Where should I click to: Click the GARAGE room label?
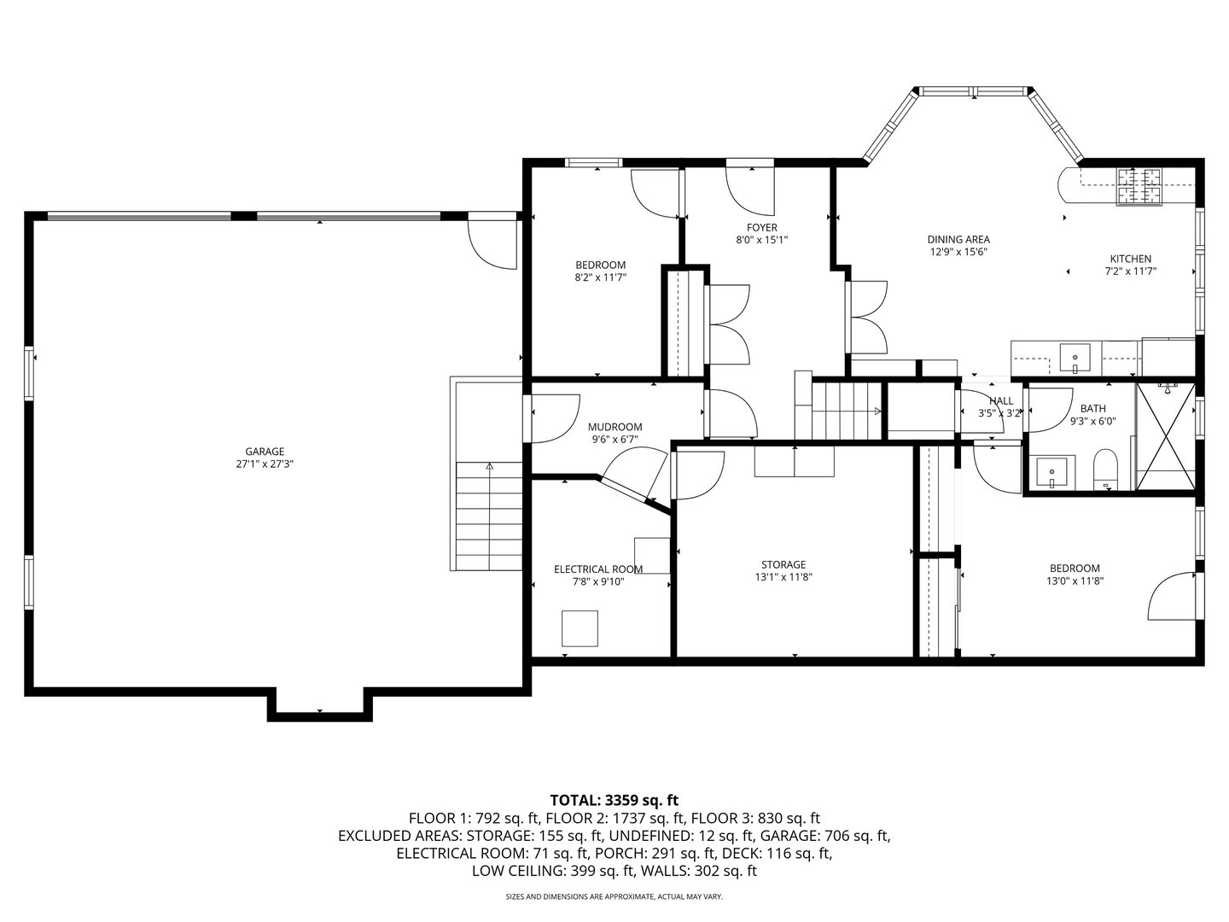(265, 452)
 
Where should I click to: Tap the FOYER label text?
(762, 228)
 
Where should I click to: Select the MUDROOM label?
(614, 427)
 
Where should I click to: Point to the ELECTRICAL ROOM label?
(598, 569)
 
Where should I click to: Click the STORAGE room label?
(783, 564)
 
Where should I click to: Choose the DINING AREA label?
(958, 240)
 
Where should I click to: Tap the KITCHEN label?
(1130, 259)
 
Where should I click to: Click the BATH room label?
(1092, 409)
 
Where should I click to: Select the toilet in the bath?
(1105, 470)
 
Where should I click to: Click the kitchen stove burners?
(1140, 187)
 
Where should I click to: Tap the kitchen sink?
(1075, 357)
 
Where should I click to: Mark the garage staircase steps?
(489, 516)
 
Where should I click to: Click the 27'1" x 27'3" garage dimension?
(265, 464)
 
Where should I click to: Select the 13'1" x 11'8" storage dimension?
(783, 577)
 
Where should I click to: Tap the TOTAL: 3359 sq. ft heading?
(614, 800)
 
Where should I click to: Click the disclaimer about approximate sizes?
(614, 897)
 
